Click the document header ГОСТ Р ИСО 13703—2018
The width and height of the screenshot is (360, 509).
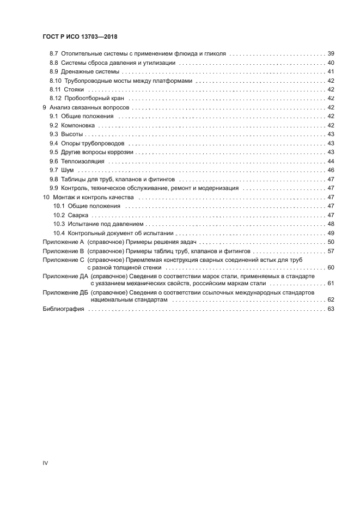(81, 37)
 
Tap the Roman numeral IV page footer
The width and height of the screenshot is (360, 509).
(46, 463)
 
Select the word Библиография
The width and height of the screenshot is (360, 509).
(63, 309)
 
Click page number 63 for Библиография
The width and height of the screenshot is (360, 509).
(331, 309)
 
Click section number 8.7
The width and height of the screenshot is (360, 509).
(53, 54)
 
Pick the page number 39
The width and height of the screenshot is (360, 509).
(331, 54)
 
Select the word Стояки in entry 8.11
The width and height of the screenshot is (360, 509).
(74, 89)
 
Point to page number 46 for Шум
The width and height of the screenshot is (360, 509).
(331, 170)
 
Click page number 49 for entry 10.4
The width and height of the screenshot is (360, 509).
(331, 233)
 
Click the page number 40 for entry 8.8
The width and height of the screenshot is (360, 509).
(331, 63)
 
